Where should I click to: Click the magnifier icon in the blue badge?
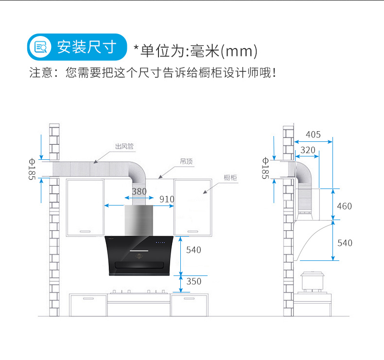pos(40,47)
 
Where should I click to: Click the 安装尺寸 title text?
pos(87,47)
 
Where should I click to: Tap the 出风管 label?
pos(124,146)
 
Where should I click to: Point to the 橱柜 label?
pos(230,178)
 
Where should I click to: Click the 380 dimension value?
pos(139,191)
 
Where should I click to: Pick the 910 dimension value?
pos(167,199)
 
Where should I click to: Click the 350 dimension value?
pos(193,281)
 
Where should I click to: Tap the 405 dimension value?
pos(313,135)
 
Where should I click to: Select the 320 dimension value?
pos(307,150)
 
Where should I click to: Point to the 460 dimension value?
pos(344,206)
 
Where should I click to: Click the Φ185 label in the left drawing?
pos(33,169)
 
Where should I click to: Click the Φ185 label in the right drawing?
pos(265,168)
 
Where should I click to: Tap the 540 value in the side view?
pos(345,242)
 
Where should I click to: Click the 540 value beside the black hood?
pos(193,250)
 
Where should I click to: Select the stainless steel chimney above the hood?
pos(139,220)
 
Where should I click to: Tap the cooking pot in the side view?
pos(314,281)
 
